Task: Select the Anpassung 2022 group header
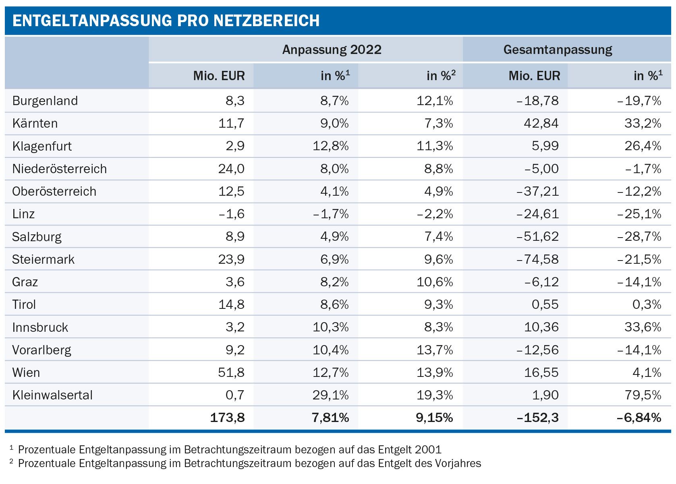[x=332, y=50]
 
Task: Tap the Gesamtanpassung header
[x=558, y=50]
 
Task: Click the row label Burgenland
[x=45, y=101]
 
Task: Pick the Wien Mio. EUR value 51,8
[x=231, y=372]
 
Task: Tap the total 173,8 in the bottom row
[x=227, y=418]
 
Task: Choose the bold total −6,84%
[x=639, y=418]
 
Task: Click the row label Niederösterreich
[x=60, y=169]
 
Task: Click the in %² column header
[x=441, y=76]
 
